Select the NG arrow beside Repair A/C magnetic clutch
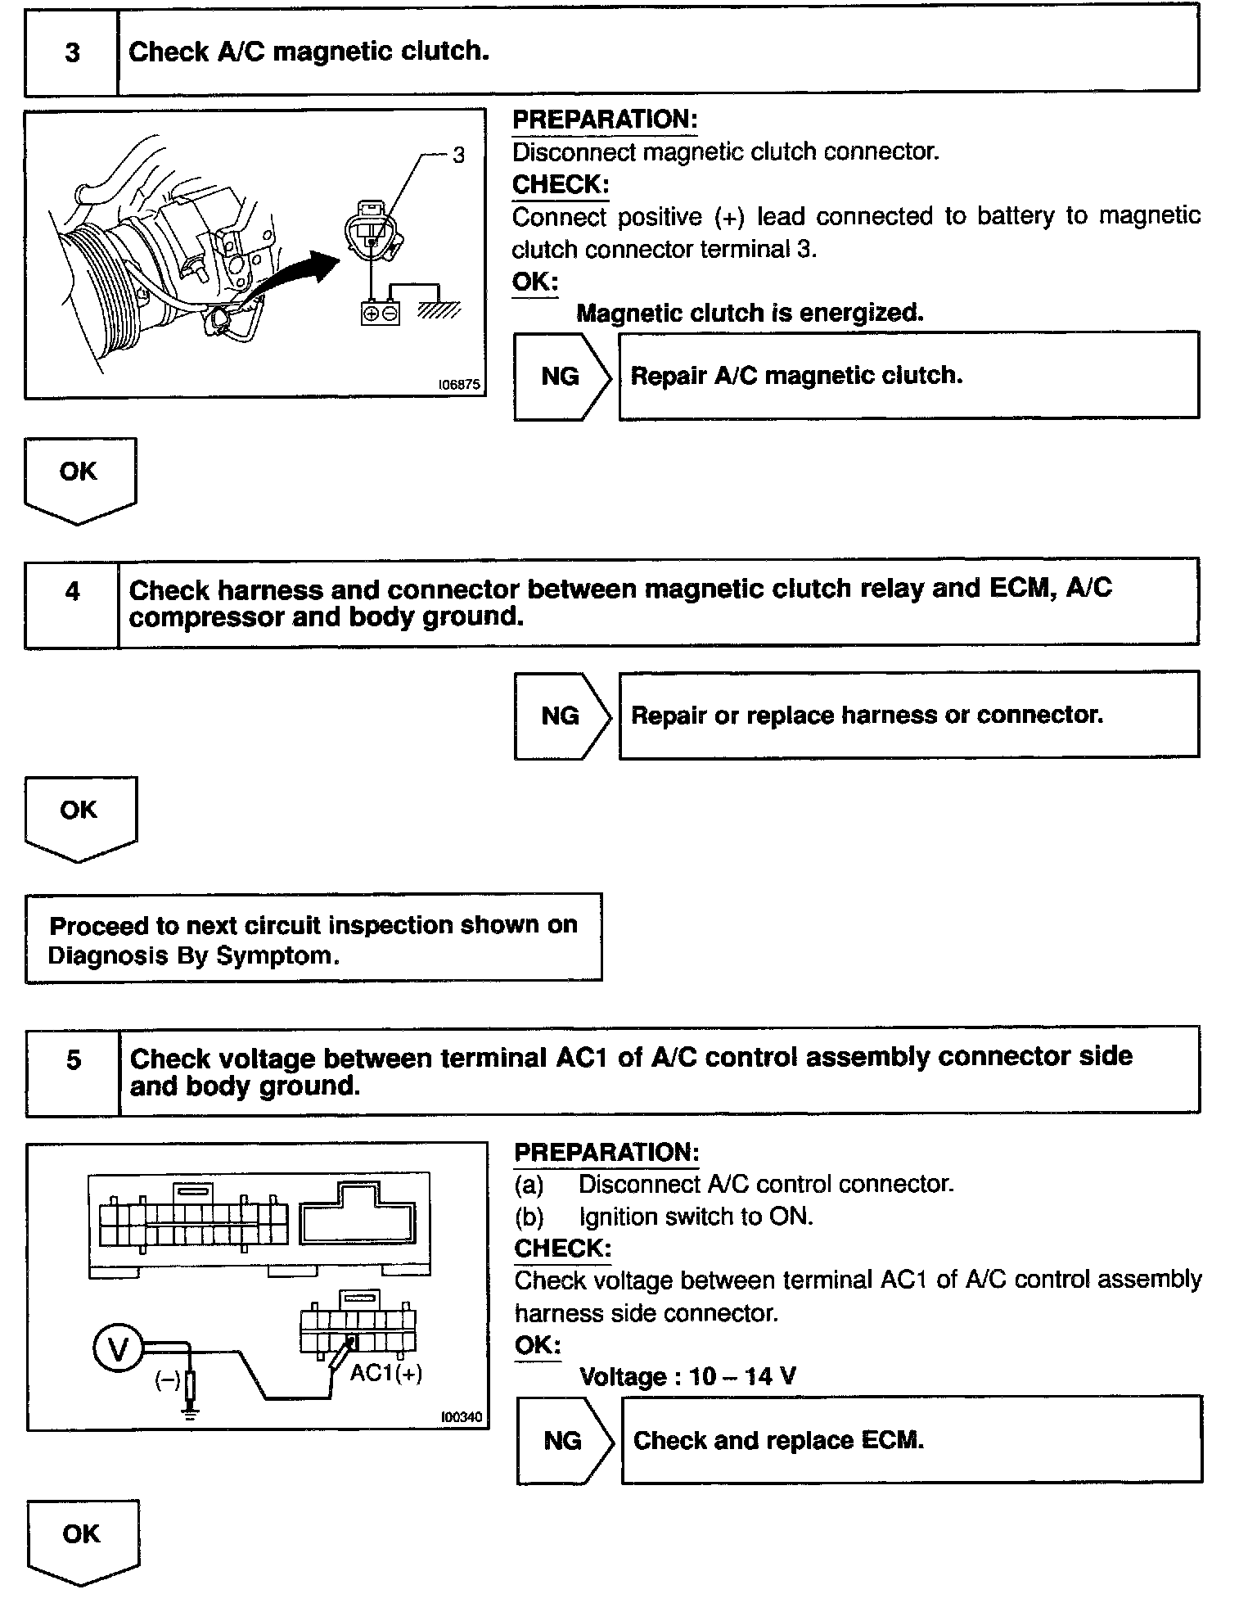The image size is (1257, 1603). (562, 377)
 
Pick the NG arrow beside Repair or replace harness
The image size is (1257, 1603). (562, 716)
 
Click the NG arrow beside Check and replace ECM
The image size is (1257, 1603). (565, 1441)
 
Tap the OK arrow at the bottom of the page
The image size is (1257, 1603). (82, 1540)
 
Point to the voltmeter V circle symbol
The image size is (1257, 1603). (119, 1348)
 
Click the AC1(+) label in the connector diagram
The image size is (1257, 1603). (386, 1373)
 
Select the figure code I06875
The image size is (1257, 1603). (459, 384)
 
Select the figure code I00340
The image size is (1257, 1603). (462, 1416)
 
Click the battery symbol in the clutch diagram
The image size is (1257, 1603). (381, 313)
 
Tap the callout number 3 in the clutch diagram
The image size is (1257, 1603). (458, 155)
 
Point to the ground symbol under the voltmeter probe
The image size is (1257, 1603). (190, 1411)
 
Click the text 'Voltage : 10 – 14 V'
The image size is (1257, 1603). (687, 1376)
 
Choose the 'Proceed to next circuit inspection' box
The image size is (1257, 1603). (313, 939)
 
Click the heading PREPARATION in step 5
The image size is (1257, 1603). (606, 1152)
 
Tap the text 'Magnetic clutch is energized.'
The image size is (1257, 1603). (750, 313)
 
